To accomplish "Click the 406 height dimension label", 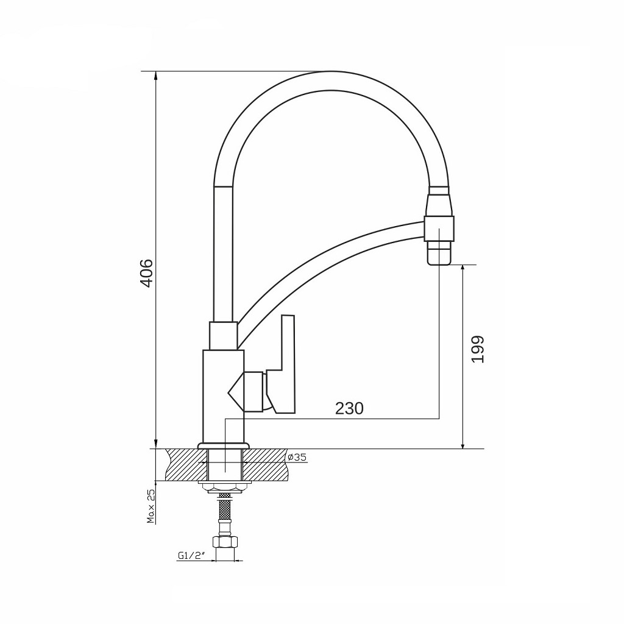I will pos(146,272).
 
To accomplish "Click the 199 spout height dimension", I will pos(478,349).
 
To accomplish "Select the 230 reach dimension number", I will pos(349,408).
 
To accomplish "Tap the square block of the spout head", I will pos(439,229).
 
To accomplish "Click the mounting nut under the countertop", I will pos(225,486).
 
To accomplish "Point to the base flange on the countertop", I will pos(224,445).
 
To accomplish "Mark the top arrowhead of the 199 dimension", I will pos(463,269).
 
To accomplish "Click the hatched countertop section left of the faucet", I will pos(183,464).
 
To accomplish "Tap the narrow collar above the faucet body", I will pos(223,335).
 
